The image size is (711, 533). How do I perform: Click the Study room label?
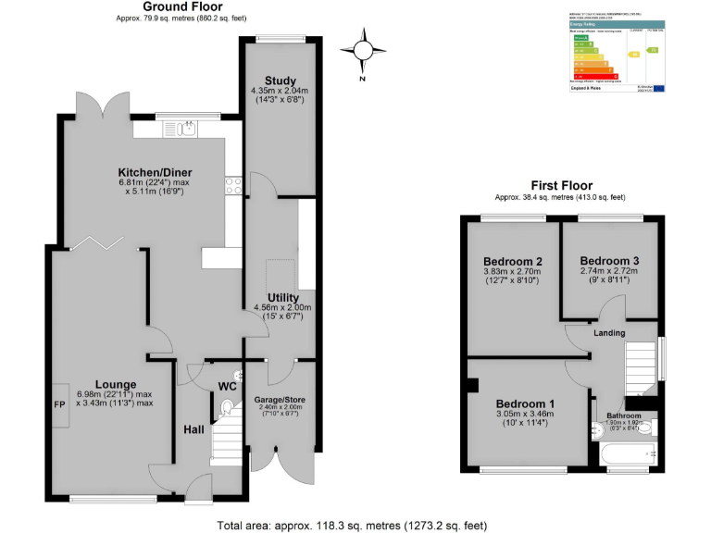point(279,80)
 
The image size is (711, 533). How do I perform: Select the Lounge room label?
point(115,384)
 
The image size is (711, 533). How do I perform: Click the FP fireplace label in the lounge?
point(59,403)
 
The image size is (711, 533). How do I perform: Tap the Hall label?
point(193,429)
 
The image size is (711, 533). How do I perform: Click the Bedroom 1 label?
point(525,403)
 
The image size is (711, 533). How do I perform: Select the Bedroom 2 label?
point(512,261)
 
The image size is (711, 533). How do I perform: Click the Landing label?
point(609,333)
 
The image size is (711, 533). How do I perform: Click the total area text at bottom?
point(352,526)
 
